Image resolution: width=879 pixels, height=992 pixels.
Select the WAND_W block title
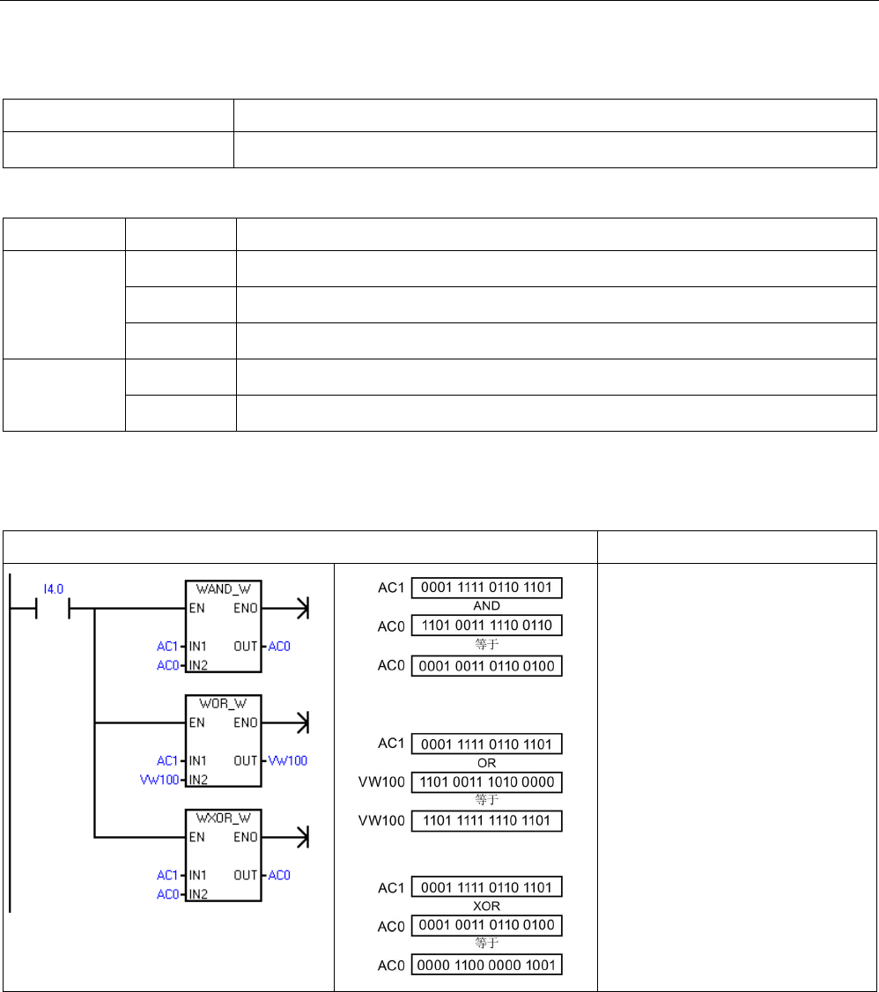[224, 589]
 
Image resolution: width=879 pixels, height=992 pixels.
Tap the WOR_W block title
[224, 703]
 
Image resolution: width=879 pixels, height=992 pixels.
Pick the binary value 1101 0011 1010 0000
[486, 781]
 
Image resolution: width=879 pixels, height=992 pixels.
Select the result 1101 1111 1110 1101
[486, 820]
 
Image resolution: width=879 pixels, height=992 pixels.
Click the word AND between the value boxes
[486, 606]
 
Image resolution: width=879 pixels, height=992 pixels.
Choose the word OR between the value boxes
[486, 762]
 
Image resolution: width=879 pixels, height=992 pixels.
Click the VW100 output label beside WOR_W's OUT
[288, 760]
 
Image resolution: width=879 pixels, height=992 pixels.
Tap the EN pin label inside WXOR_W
[196, 837]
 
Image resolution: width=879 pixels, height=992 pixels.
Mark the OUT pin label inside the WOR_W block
[246, 760]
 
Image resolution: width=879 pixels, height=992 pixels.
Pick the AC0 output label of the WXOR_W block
[280, 875]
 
